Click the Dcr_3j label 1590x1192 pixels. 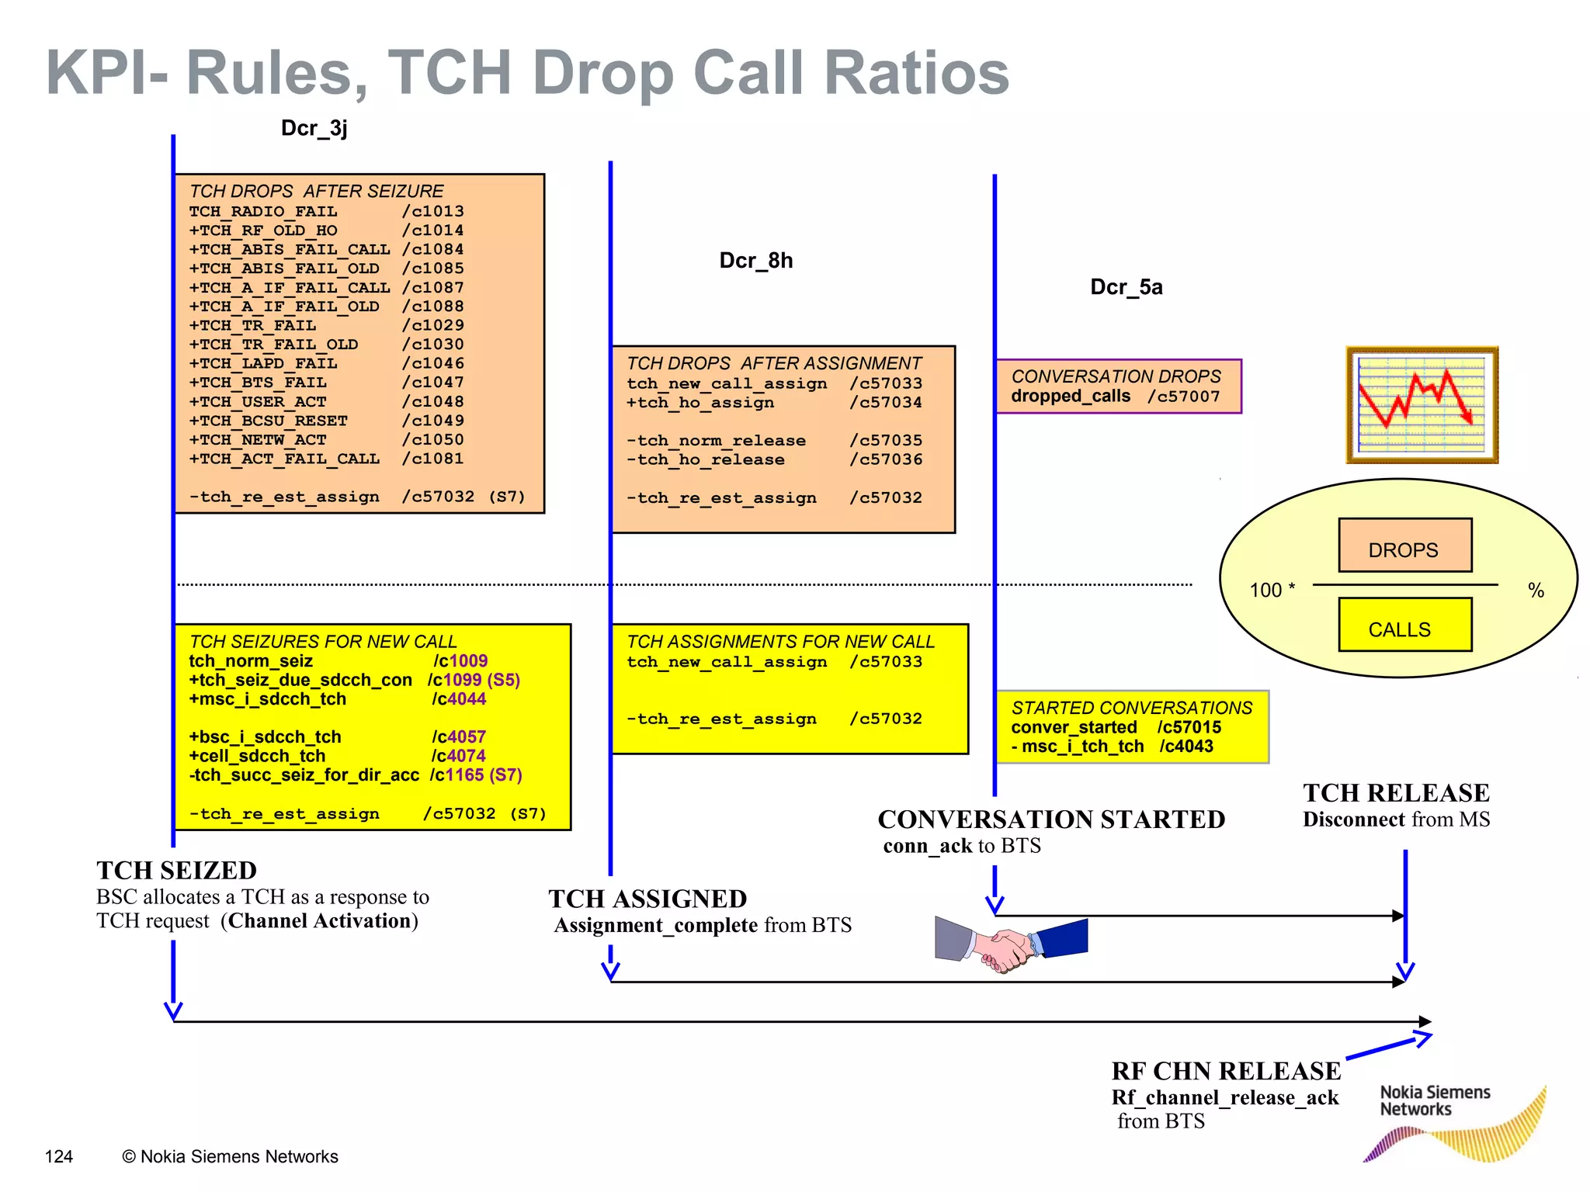click(314, 128)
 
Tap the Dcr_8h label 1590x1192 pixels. click(755, 261)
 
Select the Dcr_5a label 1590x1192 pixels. click(1126, 287)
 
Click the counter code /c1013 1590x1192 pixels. click(432, 211)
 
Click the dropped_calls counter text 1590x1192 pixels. click(1070, 397)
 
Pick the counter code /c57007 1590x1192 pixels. click(1183, 397)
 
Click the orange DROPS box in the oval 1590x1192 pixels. click(1404, 546)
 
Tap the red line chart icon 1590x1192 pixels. click(1421, 404)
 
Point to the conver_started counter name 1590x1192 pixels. click(1074, 727)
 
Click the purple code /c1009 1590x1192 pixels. click(460, 661)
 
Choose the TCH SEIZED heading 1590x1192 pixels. click(176, 871)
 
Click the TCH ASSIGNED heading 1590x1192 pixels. click(647, 899)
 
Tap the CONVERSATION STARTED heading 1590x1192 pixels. click(1051, 819)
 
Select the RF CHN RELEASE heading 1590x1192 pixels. click(1225, 1071)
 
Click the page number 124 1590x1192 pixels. click(59, 1157)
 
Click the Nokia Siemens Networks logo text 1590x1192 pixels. click(1434, 1100)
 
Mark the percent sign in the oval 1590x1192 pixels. click(1536, 591)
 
